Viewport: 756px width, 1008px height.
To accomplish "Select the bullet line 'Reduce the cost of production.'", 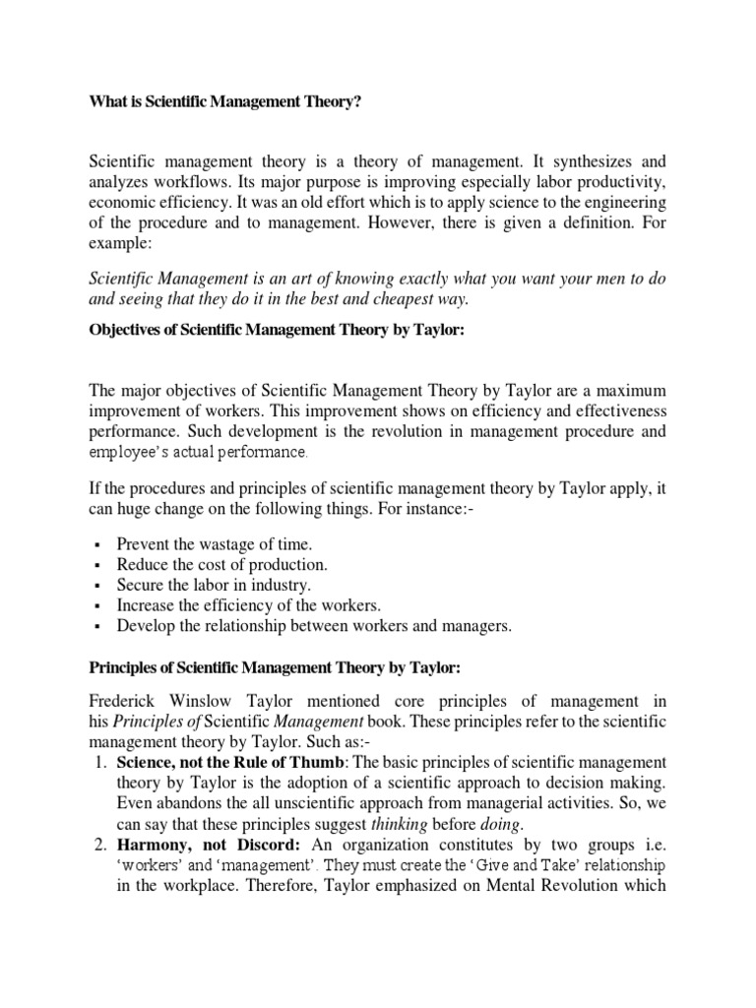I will pos(221,564).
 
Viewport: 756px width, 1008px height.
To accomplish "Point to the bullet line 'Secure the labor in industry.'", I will pos(214,585).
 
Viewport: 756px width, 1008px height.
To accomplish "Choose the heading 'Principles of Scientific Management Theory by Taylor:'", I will pos(275,668).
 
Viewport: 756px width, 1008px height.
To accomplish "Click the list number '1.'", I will pos(99,762).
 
